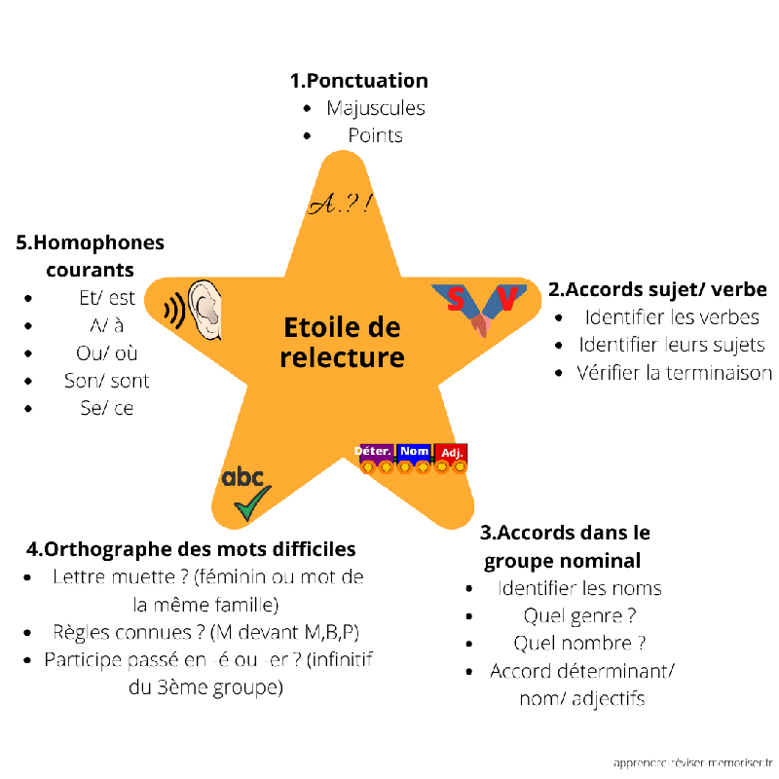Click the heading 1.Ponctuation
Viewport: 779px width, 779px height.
[x=359, y=80]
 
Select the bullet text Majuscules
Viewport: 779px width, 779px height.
[x=376, y=108]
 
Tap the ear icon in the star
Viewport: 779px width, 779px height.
[x=206, y=309]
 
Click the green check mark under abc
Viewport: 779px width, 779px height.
[x=252, y=504]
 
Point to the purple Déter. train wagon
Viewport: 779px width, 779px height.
[x=375, y=453]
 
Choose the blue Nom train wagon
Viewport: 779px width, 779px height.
[x=414, y=453]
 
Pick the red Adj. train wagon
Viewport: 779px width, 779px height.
[x=451, y=454]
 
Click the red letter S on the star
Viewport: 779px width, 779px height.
[x=456, y=300]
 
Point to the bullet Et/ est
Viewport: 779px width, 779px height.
[x=107, y=298]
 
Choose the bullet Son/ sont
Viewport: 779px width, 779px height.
[x=107, y=381]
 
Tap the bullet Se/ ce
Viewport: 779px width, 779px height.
[x=107, y=408]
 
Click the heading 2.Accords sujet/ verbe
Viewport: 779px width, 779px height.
[x=657, y=289]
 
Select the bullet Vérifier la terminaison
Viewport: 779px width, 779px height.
[x=674, y=372]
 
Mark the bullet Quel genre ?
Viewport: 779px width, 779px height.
[x=580, y=615]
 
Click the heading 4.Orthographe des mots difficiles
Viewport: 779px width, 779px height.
[x=192, y=549]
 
